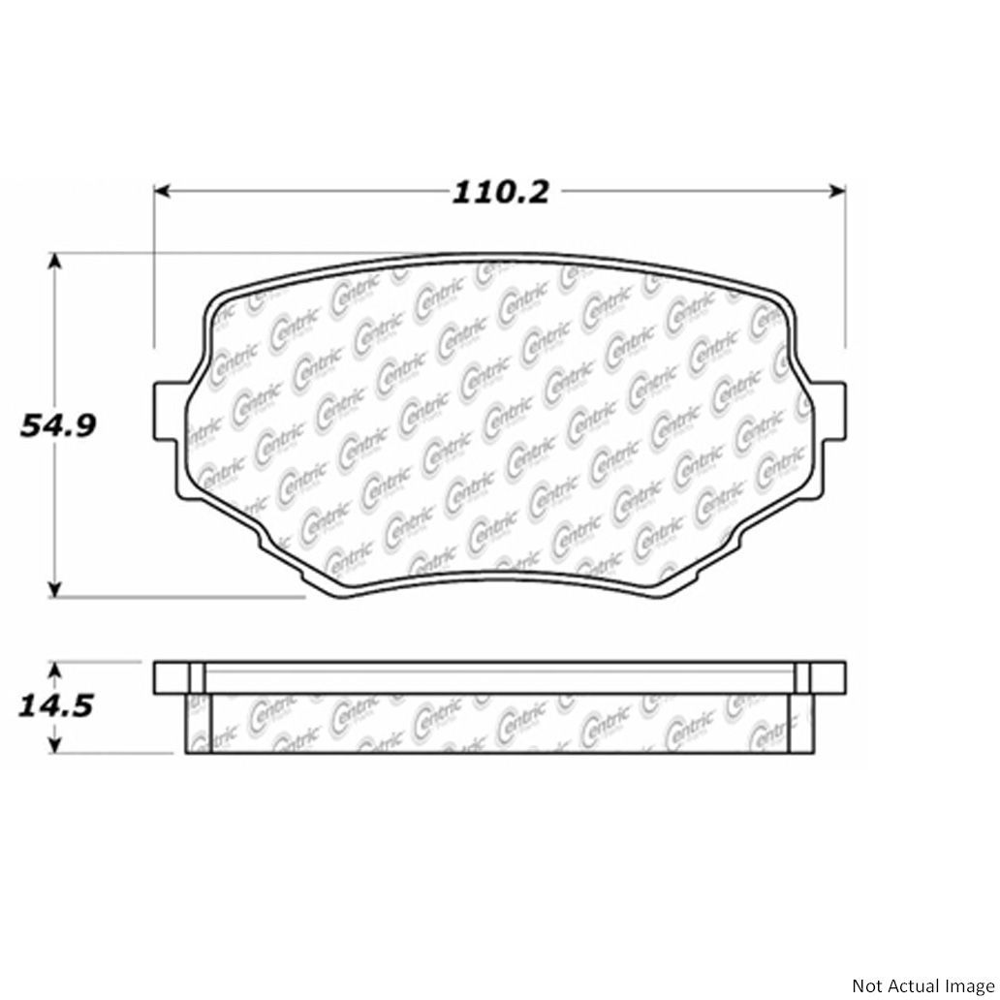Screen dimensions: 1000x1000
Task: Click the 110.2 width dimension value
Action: coord(500,192)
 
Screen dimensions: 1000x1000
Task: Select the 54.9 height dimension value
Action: coord(58,425)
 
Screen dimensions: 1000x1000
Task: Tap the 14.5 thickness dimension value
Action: coord(56,706)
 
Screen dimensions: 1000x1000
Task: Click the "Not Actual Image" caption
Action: coord(922,984)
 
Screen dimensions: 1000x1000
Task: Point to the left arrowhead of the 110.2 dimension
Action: coord(163,190)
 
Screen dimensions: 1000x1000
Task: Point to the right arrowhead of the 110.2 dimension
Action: coord(837,190)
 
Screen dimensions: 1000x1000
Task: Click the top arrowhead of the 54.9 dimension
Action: coord(55,262)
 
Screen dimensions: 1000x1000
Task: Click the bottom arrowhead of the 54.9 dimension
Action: coord(55,590)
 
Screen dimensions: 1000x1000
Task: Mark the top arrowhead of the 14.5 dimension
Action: coord(55,671)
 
